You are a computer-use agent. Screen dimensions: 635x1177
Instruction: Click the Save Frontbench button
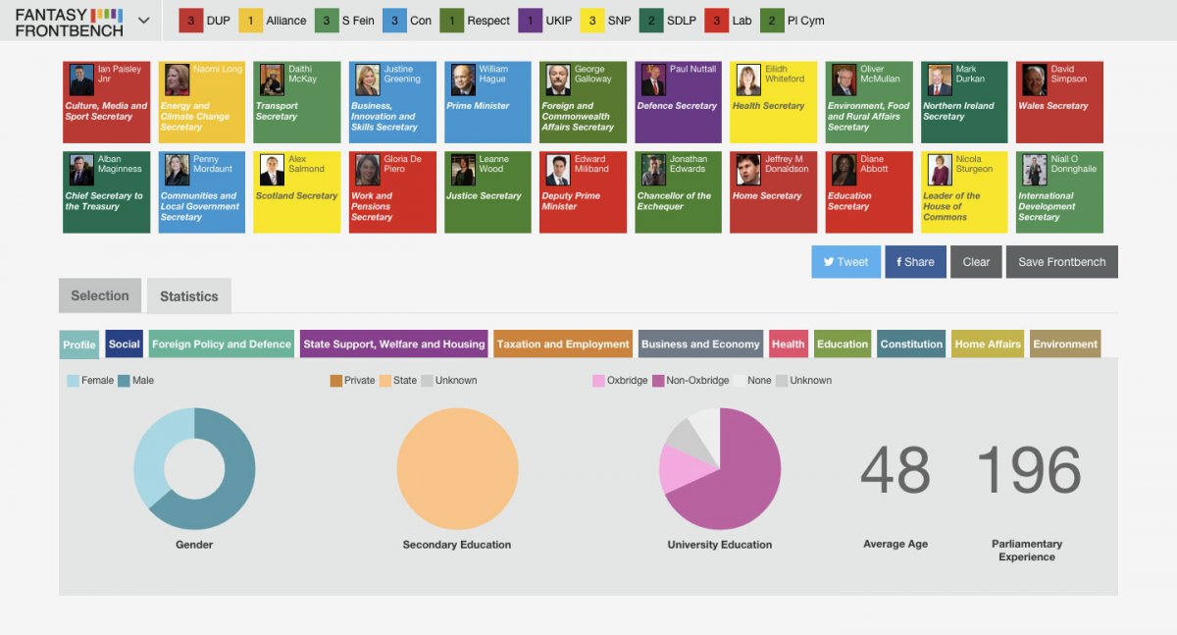coord(1061,262)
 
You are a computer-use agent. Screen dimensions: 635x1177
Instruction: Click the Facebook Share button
coord(914,262)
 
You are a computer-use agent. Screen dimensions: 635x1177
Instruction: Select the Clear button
coord(976,262)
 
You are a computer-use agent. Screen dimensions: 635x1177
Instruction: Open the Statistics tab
coord(189,296)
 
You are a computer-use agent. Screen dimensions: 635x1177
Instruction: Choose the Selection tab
coord(99,295)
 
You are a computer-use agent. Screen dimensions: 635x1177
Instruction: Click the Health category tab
coord(788,344)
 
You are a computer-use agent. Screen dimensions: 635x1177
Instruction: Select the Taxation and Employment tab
coord(563,344)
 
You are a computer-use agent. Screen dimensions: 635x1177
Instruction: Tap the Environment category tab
coord(1065,344)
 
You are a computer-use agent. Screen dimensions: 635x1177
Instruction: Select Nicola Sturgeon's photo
coord(940,170)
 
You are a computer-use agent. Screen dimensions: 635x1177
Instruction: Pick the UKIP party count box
coord(531,21)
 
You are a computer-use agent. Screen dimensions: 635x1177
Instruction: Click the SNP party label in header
coord(619,21)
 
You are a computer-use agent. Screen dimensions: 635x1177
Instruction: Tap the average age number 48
coord(895,470)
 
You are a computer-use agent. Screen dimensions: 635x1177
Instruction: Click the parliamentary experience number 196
coord(1028,470)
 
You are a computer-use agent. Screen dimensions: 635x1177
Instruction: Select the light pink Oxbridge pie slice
coord(678,470)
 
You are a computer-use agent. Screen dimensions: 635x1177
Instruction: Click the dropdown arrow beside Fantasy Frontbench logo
coord(144,21)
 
